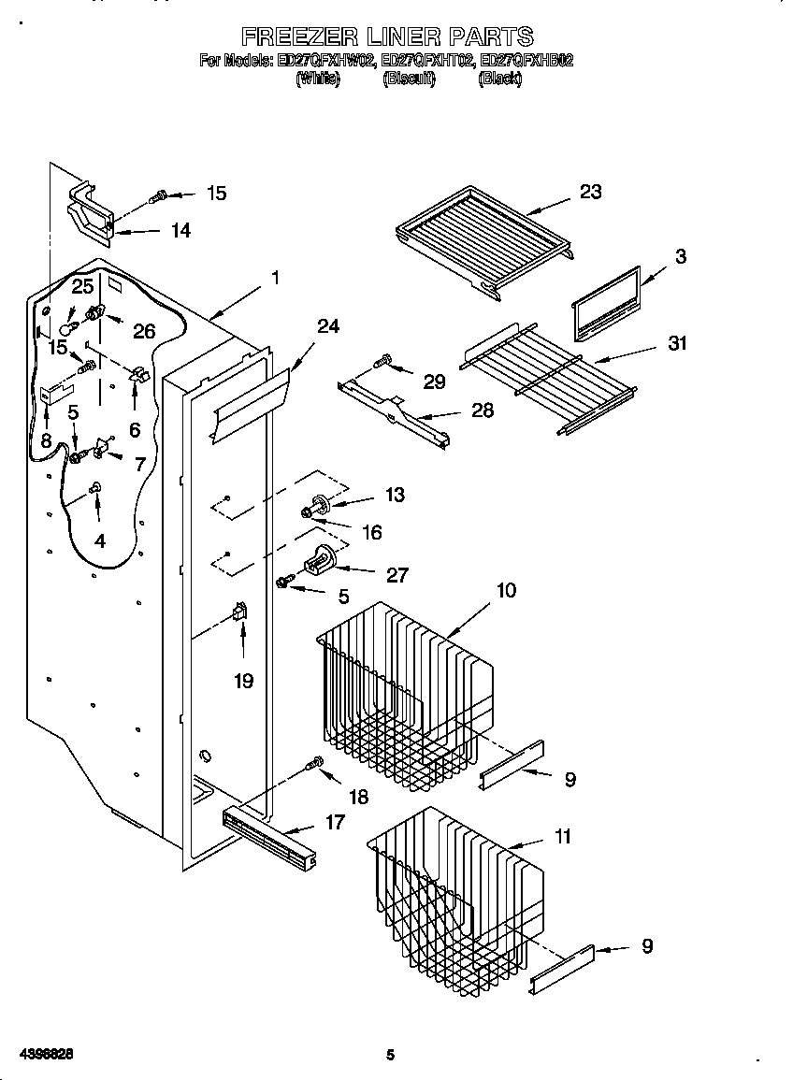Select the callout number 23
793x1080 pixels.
tap(590, 192)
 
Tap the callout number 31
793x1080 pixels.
tap(677, 343)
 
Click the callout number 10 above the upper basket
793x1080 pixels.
tap(505, 590)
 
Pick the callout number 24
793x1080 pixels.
tap(327, 325)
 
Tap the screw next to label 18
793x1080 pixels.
tap(315, 765)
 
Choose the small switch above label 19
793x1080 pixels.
tap(240, 612)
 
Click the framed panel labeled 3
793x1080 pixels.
tap(605, 304)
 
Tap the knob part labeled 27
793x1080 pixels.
tap(320, 561)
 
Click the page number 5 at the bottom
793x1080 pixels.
tap(391, 1055)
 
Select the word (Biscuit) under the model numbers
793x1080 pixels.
tap(409, 79)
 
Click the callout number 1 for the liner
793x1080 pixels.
tap(276, 278)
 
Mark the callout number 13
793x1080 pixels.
tap(395, 495)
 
